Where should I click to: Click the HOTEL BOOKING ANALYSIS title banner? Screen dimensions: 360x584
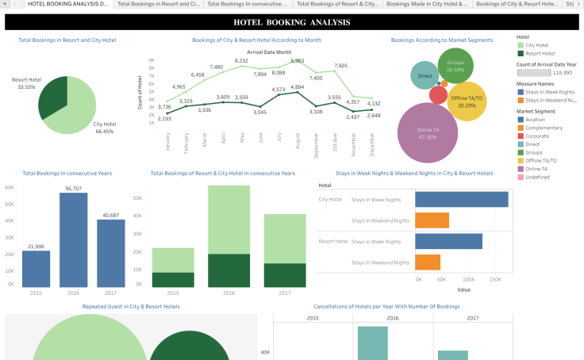291,22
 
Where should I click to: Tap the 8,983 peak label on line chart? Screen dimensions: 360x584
298,61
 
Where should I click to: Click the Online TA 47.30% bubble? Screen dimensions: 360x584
428,132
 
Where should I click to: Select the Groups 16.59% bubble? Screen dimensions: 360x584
455,66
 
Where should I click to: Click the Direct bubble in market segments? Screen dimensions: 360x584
425,77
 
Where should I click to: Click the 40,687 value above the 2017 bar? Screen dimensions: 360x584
111,215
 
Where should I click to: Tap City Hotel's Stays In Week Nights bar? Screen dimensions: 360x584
461,200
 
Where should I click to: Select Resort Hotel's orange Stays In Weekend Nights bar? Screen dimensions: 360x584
427,262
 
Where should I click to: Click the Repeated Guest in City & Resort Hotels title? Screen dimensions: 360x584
131,306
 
